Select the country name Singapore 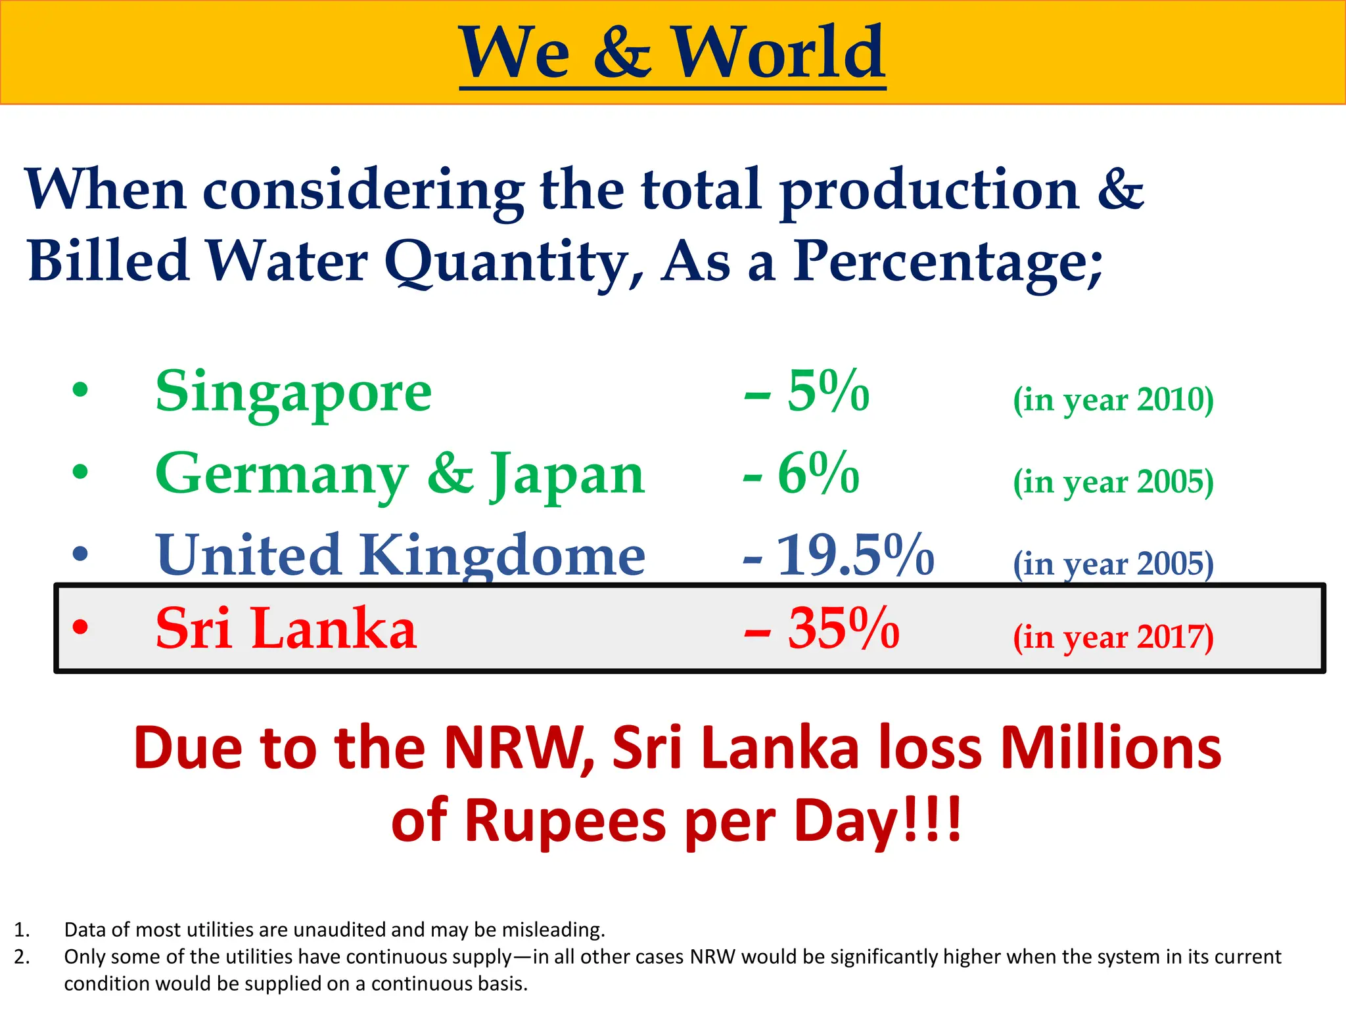[x=294, y=393]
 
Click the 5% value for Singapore [x=828, y=391]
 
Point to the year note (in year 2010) [x=1113, y=399]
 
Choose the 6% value [x=818, y=473]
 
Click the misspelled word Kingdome [x=502, y=556]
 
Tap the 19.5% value [x=855, y=555]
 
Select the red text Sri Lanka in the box [x=286, y=629]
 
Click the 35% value [x=844, y=628]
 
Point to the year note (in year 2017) [x=1113, y=637]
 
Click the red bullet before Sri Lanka [x=80, y=627]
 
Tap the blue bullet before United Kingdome [x=80, y=554]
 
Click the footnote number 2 [x=22, y=956]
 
